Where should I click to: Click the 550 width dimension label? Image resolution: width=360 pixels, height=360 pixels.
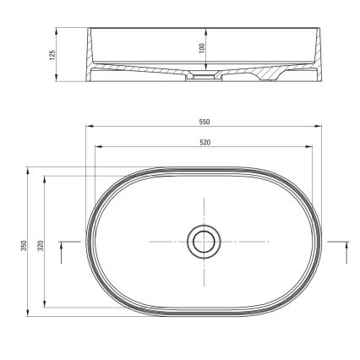point(204,123)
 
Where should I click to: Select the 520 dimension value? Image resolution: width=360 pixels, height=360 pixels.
point(204,141)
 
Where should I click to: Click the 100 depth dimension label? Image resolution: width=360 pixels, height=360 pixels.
point(202,49)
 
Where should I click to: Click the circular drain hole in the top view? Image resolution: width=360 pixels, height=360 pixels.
point(204,243)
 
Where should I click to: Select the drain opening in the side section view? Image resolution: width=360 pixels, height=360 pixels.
point(204,77)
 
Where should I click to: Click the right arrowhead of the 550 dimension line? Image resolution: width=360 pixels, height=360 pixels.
point(319,128)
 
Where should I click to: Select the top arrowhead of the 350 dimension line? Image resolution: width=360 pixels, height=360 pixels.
point(29,169)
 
